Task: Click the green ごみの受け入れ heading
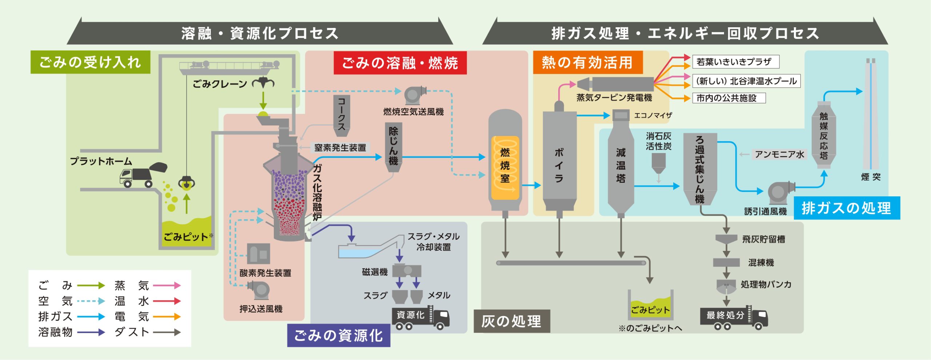point(90,62)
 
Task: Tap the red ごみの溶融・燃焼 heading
point(400,63)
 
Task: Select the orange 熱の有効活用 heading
point(587,63)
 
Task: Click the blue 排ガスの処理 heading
point(847,208)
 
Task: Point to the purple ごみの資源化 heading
point(339,335)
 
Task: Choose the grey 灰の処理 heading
point(511,321)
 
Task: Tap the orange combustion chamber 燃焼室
point(505,167)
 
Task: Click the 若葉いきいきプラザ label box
point(735,62)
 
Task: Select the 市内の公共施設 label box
point(728,98)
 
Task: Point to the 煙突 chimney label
point(871,177)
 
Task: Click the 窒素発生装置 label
point(340,148)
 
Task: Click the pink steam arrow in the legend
point(167,285)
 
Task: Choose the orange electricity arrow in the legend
point(167,317)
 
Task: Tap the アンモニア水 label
point(779,155)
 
